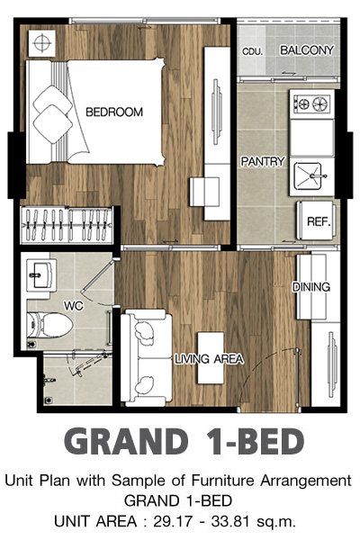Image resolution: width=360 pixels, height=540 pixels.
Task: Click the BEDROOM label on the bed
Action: point(114,112)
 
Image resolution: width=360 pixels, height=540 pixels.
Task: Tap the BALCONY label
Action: point(307,50)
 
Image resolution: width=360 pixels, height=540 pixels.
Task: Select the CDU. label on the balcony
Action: point(253,51)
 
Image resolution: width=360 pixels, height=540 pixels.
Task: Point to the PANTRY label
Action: point(263,161)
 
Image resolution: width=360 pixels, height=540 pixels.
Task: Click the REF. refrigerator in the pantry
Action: point(317,220)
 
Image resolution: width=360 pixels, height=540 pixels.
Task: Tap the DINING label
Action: point(311,286)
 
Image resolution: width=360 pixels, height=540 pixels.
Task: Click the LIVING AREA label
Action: point(209,359)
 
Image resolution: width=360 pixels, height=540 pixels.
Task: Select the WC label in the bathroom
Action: point(74,305)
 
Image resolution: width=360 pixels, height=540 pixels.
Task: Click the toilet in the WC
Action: point(49,325)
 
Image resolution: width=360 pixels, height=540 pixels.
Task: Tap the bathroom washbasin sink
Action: point(41,274)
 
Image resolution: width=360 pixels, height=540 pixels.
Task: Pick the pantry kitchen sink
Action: point(308,176)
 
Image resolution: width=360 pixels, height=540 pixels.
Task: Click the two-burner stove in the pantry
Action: point(311,103)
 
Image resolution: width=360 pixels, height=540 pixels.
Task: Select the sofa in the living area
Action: point(146,358)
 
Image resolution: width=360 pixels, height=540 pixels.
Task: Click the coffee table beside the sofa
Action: point(211,358)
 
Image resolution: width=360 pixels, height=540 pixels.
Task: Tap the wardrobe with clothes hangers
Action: point(67,224)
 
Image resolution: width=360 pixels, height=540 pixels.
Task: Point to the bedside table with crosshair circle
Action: point(41,43)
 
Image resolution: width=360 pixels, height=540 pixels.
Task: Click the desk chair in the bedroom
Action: point(204,192)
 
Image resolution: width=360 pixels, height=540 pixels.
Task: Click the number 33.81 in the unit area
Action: point(229,521)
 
